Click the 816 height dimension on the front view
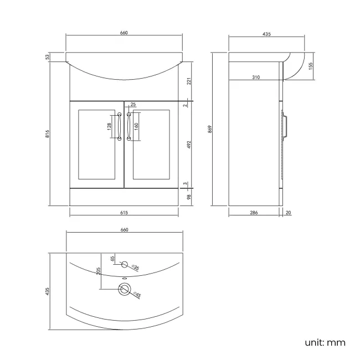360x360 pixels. (x=48, y=133)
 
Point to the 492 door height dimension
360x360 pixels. (x=188, y=145)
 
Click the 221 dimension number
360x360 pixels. (x=188, y=81)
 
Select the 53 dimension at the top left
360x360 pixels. (x=48, y=56)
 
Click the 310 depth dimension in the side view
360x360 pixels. (x=255, y=77)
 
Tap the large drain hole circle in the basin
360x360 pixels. (x=124, y=288)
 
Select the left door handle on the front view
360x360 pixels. (x=119, y=126)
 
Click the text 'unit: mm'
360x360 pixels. (x=325, y=342)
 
